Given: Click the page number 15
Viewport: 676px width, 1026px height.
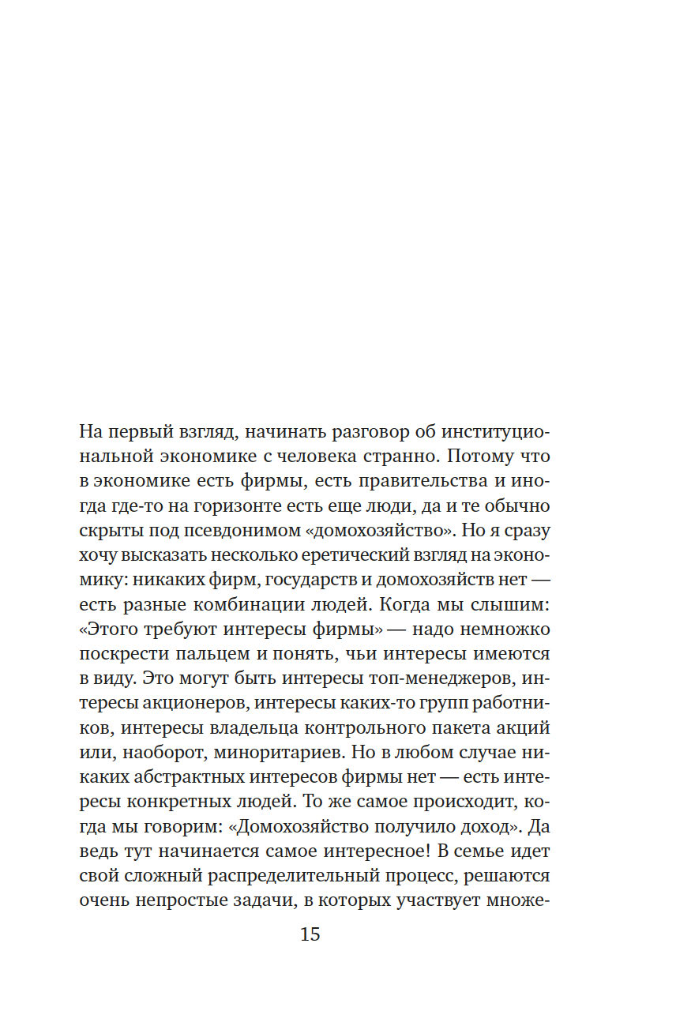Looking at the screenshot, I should (310, 934).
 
